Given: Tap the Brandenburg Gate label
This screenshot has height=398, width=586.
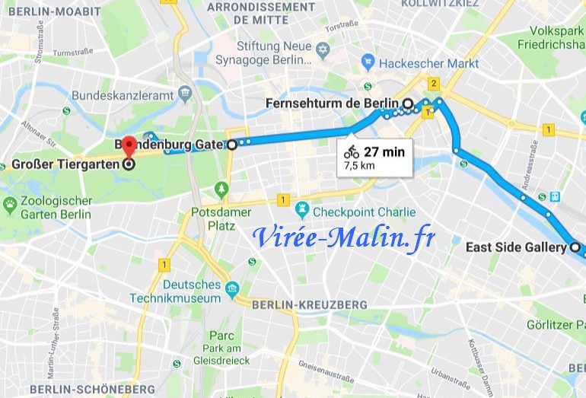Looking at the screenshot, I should coord(168,144).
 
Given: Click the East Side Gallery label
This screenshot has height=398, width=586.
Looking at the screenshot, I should coord(515,247).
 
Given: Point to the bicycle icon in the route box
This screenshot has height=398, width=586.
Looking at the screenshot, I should coord(351,151).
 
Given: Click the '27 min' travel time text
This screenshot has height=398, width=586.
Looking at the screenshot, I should coord(384,151).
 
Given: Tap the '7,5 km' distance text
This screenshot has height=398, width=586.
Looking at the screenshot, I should coord(359,164).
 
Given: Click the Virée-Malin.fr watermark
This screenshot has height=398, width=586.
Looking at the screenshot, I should coord(344,237).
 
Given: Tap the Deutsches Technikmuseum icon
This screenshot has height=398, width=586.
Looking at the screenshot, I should coord(232,288).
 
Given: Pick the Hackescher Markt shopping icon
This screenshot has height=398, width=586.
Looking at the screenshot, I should coord(368,62).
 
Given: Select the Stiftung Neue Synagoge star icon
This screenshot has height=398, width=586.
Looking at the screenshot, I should coord(323,50).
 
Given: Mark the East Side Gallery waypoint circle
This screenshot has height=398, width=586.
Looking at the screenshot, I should coord(575,247).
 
